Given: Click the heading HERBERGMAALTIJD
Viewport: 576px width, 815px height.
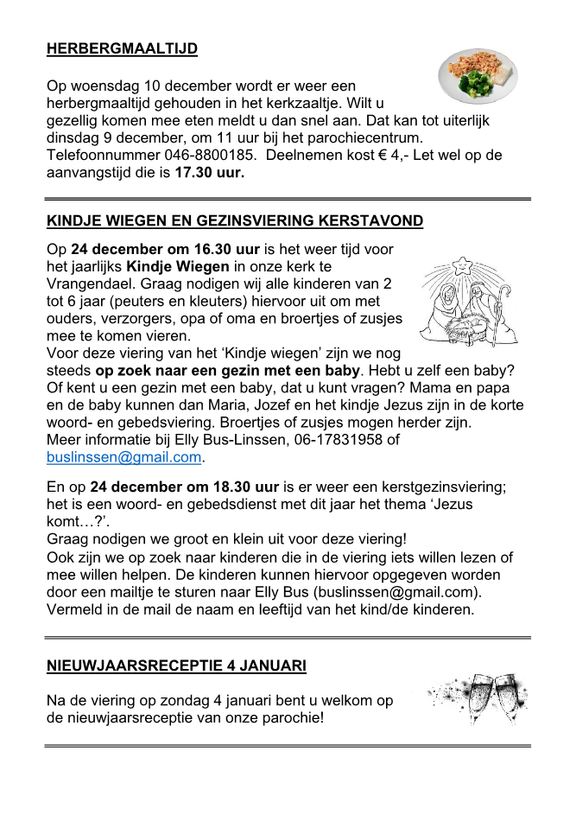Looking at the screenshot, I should point(122,48).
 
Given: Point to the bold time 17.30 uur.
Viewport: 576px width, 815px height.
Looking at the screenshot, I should point(210,173).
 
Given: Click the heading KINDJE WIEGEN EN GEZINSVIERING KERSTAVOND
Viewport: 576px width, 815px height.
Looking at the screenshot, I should point(235,220).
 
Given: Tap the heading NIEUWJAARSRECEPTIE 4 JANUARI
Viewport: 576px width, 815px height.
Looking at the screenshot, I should point(176,665).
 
